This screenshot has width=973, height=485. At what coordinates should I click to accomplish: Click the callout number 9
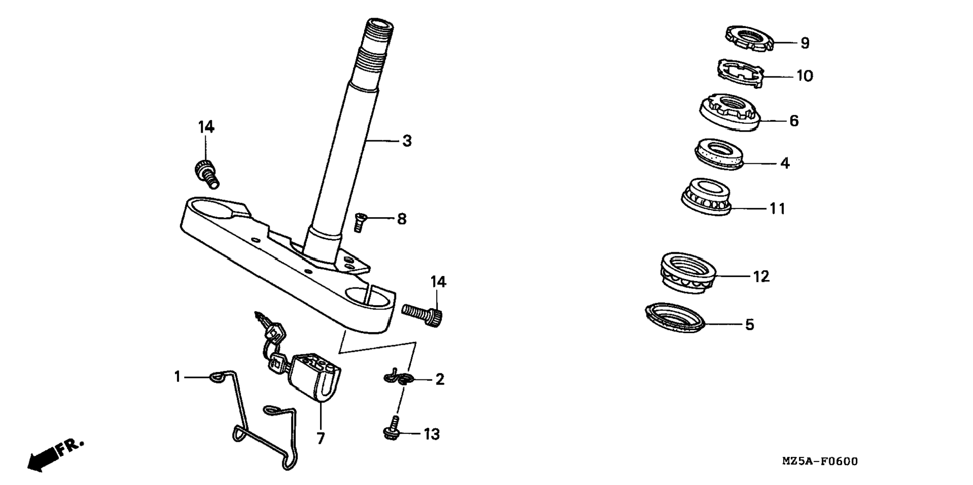[805, 43]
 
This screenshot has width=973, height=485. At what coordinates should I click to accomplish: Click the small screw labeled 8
[359, 222]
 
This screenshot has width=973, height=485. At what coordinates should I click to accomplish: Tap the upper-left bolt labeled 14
[206, 173]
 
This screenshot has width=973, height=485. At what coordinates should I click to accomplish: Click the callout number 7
[320, 438]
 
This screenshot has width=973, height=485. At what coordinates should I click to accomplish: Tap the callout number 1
[177, 376]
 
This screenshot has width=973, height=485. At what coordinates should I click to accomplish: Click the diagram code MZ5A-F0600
[820, 461]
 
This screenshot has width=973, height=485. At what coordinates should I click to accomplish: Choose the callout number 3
[407, 141]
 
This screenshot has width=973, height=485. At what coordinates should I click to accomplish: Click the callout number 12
[761, 276]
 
